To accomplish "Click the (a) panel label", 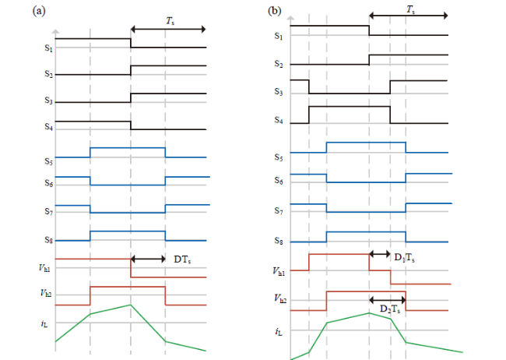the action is [x=39, y=12].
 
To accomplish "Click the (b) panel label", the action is [x=275, y=12].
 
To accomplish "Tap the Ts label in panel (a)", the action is [x=170, y=21].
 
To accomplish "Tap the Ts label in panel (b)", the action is [x=410, y=10].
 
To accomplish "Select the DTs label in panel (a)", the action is [x=182, y=259].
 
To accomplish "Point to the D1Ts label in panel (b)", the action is [x=404, y=258].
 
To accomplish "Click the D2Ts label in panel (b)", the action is [x=390, y=309].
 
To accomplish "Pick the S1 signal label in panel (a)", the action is [x=48, y=48].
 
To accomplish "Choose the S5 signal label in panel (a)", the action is [x=48, y=161].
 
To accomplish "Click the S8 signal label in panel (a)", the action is [x=48, y=240].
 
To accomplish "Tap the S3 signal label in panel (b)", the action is [x=279, y=92].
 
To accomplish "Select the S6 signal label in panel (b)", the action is [x=279, y=180].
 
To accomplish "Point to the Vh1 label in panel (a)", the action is [x=44, y=268].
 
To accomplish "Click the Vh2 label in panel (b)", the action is [x=280, y=298].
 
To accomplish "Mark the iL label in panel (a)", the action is [x=44, y=323].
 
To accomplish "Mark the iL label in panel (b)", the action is [x=279, y=332].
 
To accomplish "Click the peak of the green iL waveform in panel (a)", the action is [x=130, y=305].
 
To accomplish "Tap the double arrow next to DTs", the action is [x=148, y=259].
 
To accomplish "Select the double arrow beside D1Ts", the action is [x=380, y=254].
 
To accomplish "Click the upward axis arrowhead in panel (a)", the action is [x=55, y=31].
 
